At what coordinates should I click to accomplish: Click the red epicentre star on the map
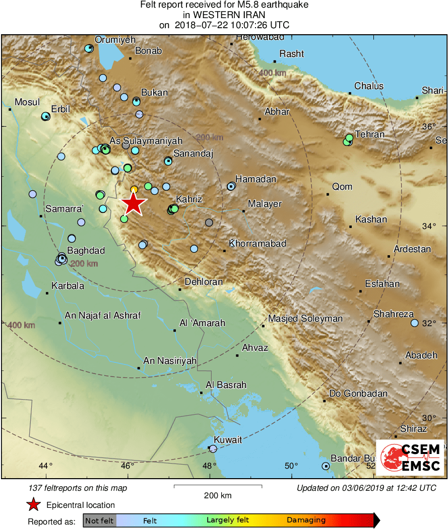coord(133,204)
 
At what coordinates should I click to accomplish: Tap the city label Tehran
coord(369,134)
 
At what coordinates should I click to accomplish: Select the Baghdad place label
coord(86,251)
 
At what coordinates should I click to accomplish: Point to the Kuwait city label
coord(228,440)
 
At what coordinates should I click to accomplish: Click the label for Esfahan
coord(383,284)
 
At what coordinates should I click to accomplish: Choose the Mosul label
coord(27,102)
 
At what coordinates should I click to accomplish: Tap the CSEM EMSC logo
coord(410,457)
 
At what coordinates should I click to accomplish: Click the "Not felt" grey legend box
coord(99,520)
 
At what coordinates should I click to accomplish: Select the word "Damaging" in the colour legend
coord(306,520)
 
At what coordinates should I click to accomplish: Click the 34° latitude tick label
coord(429,226)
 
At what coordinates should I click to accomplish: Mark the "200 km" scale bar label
coord(218,495)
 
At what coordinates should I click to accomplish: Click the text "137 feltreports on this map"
coord(78,488)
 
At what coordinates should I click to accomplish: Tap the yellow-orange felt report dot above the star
coord(134,189)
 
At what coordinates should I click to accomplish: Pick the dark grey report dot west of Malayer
coord(209,222)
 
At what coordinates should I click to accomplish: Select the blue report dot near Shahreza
coord(415,323)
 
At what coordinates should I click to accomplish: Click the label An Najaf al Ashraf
coord(102,316)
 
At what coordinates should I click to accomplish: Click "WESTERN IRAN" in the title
coord(224,15)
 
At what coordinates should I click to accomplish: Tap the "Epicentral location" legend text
coord(81,505)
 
